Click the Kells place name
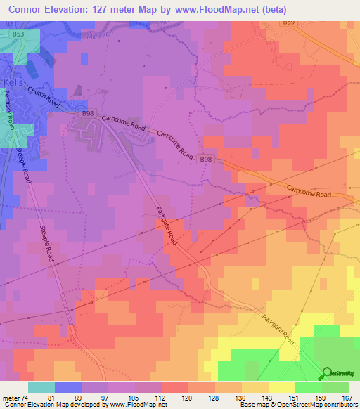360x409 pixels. pos(13,82)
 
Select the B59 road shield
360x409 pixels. pos(289,23)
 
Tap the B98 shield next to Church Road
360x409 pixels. pos(87,113)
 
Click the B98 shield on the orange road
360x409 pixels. pos(205,160)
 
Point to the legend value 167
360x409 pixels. pos(345,398)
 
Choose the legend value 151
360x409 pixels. pos(296,398)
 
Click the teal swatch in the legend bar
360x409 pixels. pos(41,387)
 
